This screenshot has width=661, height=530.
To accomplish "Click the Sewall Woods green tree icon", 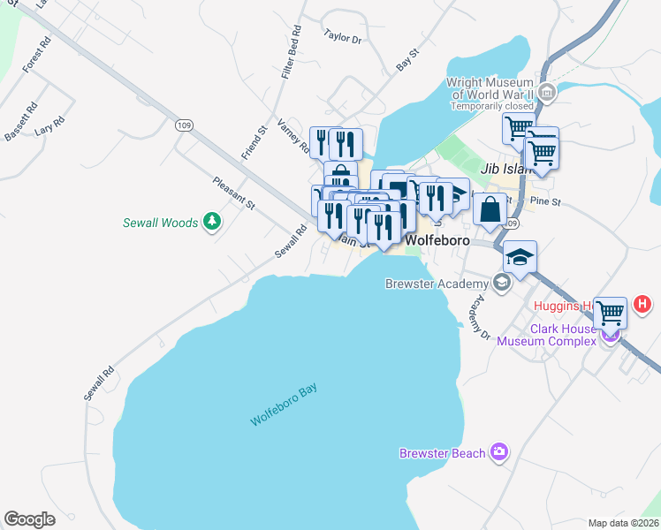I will click(x=211, y=222).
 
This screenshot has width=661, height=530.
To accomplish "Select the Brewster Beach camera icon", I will click(x=500, y=452).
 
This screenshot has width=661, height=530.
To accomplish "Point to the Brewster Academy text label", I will click(x=437, y=284).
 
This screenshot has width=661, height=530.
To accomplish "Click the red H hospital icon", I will click(x=642, y=305).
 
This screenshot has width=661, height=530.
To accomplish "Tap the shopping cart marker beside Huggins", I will click(x=611, y=313).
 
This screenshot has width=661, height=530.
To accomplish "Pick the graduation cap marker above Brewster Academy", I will click(x=520, y=256).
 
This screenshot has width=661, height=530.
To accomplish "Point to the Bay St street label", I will click(x=406, y=61).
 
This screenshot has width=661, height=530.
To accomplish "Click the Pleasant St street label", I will click(x=233, y=193).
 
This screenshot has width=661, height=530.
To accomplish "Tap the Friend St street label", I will click(x=255, y=142).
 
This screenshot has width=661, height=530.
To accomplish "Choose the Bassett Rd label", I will click(x=21, y=121).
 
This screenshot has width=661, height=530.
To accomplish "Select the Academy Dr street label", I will click(x=479, y=317).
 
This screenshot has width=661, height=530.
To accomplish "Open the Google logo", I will click(x=29, y=519).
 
